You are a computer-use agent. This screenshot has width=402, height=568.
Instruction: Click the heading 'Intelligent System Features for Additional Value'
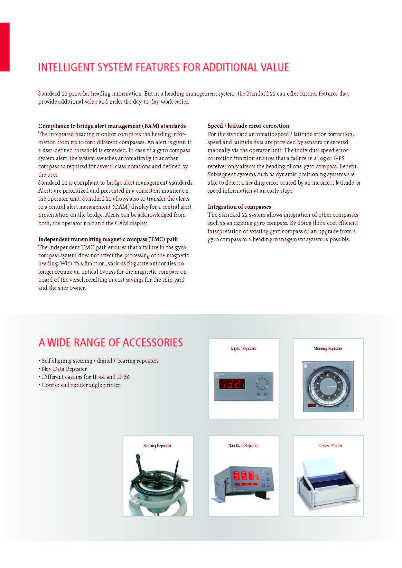tap(164, 67)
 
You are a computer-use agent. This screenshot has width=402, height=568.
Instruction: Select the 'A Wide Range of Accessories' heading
tap(110, 342)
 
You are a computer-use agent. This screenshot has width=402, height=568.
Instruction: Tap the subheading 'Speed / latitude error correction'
tap(248, 126)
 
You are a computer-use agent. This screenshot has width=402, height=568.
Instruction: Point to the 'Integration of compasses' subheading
tap(239, 207)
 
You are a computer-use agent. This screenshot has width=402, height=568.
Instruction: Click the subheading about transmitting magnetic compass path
tap(108, 239)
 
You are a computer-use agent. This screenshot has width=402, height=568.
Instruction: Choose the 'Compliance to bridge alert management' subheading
tap(112, 126)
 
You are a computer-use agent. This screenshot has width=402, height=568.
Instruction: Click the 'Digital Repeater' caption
tap(243, 348)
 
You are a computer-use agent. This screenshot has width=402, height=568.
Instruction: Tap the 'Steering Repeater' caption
tap(328, 348)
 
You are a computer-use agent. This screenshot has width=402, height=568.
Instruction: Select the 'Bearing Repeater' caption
tap(157, 445)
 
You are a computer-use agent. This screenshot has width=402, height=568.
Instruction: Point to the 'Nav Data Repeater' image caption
tap(243, 445)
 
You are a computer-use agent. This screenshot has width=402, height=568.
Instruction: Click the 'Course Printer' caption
tap(331, 445)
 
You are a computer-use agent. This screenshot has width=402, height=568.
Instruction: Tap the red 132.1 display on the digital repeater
tap(232, 384)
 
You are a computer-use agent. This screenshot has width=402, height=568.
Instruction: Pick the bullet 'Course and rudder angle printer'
tap(81, 385)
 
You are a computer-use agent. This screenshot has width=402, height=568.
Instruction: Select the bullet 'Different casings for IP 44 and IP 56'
tap(86, 377)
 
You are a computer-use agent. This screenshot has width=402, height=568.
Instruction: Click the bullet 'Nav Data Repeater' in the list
tap(64, 369)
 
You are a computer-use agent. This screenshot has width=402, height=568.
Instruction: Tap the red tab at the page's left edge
tap(5, 47)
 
